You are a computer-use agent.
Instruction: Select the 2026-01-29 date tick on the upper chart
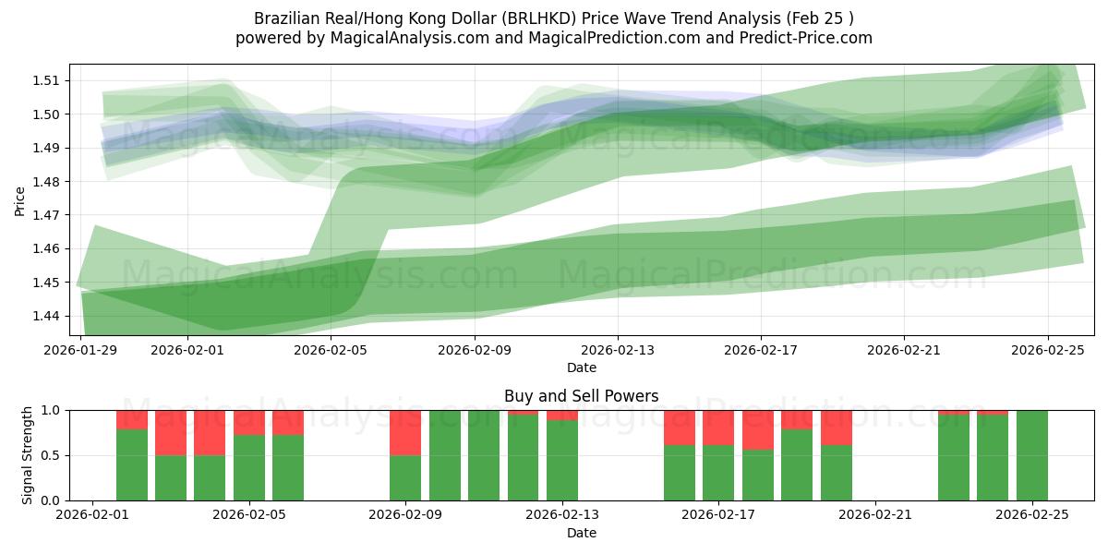coord(81,350)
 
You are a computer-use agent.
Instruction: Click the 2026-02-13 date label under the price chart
coord(618,350)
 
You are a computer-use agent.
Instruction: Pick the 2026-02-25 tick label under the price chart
coord(1047,350)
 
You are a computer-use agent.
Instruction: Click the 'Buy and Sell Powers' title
coord(581,396)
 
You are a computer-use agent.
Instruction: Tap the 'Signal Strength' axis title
coord(27,455)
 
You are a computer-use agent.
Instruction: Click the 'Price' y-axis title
coord(19,200)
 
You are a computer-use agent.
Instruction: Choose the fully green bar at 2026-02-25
coord(1031,455)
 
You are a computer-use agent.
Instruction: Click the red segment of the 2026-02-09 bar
coord(405,432)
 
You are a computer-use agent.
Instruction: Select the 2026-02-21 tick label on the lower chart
coord(874,515)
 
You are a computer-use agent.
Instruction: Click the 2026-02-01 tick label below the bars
coord(92,515)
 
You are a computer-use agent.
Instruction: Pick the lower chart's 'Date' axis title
coord(581,533)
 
